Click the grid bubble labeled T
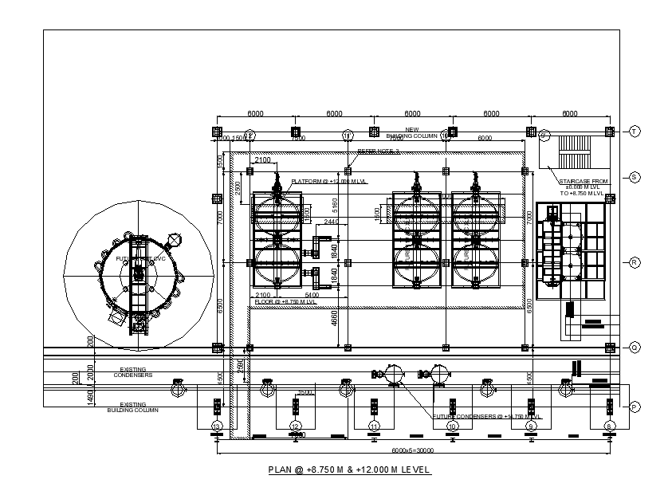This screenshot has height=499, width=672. tap(635, 131)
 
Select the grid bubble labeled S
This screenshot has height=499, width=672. tap(635, 177)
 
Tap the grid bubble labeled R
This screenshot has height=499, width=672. tap(635, 261)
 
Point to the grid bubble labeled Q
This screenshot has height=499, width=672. tap(635, 347)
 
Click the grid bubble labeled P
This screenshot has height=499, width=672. tap(635, 407)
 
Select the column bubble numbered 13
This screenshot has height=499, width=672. tap(217, 427)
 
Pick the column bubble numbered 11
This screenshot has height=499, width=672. tap(374, 427)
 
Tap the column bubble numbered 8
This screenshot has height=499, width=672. tap(610, 427)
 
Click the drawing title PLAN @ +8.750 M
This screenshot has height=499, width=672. tap(350, 470)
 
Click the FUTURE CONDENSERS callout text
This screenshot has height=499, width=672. tap(487, 416)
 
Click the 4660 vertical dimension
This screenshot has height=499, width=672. tap(335, 319)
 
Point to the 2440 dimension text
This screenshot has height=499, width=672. tap(331, 222)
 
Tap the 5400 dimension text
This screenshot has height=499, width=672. tap(313, 295)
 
